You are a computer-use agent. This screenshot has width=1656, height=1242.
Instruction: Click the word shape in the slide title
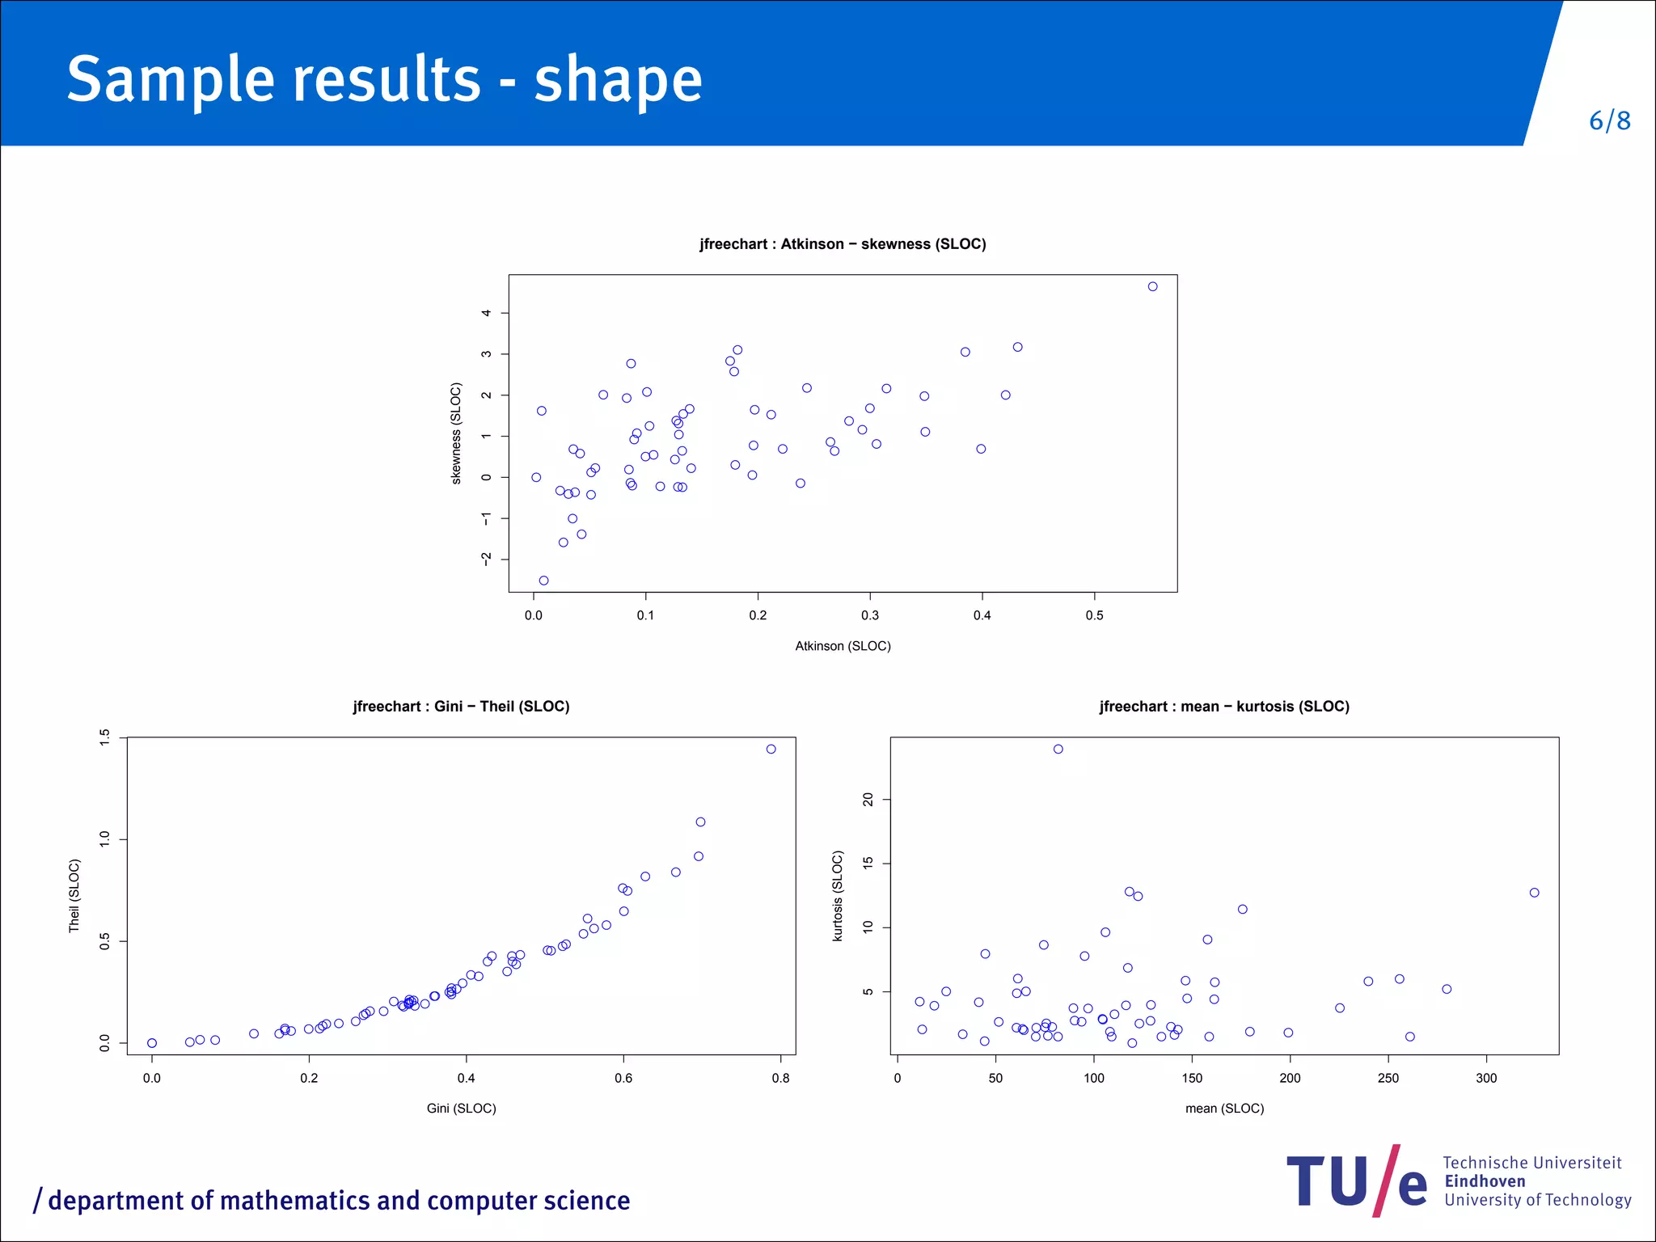(x=618, y=81)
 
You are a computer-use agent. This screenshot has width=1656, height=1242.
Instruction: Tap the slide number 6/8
(x=1609, y=121)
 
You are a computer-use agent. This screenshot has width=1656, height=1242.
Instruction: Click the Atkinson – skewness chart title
(x=843, y=244)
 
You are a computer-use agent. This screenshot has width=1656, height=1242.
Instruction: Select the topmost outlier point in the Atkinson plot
(x=1152, y=286)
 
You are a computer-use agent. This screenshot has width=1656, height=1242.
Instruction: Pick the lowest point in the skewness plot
(x=543, y=581)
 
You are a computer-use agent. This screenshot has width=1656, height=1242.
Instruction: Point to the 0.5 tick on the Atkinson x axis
(x=1094, y=615)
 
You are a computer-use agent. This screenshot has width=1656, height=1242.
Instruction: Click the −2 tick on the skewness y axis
(x=486, y=559)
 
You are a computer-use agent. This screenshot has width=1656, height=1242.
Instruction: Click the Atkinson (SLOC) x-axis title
(x=843, y=646)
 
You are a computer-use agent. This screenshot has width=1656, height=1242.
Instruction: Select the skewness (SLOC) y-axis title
(x=456, y=433)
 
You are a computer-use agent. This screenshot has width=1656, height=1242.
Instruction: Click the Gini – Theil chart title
(x=461, y=707)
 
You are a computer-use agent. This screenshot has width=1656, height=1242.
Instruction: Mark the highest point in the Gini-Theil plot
(x=771, y=749)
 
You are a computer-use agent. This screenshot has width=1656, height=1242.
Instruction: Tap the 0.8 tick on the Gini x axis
(x=780, y=1078)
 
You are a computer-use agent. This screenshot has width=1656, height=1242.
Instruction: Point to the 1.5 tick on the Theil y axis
(x=104, y=737)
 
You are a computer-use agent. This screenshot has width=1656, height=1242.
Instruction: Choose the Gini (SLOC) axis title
(x=461, y=1109)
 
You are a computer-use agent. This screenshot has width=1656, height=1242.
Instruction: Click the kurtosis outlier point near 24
(x=1058, y=749)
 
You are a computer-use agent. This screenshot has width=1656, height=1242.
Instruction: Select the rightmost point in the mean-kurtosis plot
(x=1534, y=893)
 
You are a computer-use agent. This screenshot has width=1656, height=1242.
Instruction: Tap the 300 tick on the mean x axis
(x=1486, y=1078)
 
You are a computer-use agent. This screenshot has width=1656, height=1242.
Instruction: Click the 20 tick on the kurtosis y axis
(x=868, y=800)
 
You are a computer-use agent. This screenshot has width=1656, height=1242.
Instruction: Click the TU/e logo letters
(x=1356, y=1182)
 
